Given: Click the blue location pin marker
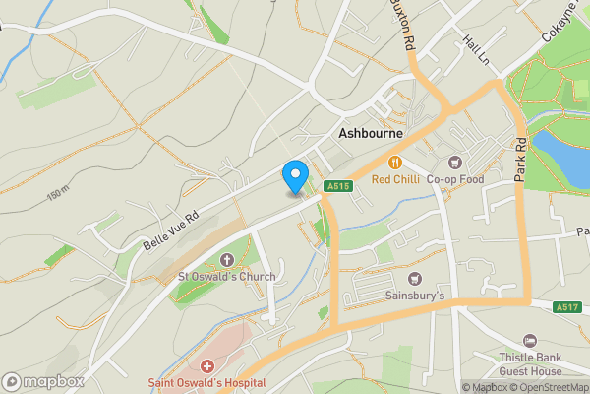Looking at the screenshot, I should [x=294, y=176].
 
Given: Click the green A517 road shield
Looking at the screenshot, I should [x=565, y=307].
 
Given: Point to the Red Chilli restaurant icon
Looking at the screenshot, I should [x=396, y=163].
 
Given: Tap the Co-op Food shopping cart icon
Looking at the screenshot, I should [x=454, y=163].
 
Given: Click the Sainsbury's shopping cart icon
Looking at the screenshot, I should [x=414, y=279].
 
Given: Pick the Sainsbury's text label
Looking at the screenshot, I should [x=414, y=295].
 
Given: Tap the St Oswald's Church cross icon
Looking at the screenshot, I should [x=227, y=260].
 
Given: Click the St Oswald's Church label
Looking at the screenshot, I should [x=227, y=277].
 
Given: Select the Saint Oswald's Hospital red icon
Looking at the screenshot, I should [x=207, y=366].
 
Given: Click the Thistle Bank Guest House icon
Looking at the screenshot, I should [x=531, y=341].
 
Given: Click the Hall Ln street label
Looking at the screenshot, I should [x=476, y=49].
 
